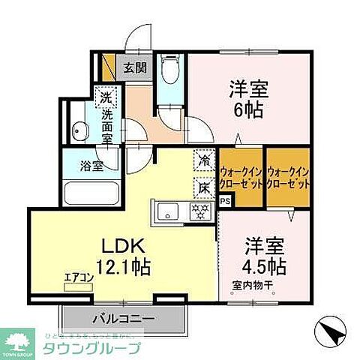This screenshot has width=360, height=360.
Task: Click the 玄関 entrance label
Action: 136,67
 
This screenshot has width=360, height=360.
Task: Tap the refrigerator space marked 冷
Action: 203,160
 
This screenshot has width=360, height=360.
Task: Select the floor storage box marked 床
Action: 203,184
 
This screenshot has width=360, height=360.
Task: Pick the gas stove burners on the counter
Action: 199,210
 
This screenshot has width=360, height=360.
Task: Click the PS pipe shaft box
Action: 225,201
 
